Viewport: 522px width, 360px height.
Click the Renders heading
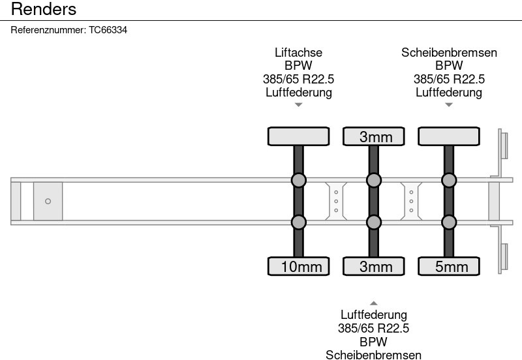pyautogui.click(x=44, y=9)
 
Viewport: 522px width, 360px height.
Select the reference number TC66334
pyautogui.click(x=108, y=30)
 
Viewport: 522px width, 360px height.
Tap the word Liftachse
pyautogui.click(x=299, y=53)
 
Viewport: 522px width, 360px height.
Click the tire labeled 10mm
pyautogui.click(x=299, y=266)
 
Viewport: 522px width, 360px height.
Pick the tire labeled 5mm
pyautogui.click(x=449, y=266)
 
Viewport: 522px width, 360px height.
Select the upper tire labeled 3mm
pyautogui.click(x=374, y=136)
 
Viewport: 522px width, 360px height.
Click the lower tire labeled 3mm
pyautogui.click(x=374, y=266)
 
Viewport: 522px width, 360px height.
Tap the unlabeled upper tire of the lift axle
pyautogui.click(x=299, y=136)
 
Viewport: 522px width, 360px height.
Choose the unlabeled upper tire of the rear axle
pyautogui.click(x=449, y=136)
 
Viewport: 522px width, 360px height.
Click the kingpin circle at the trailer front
pyautogui.click(x=48, y=202)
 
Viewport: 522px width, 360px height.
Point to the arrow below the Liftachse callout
pyautogui.click(x=299, y=105)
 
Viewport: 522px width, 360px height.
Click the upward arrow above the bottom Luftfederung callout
pyautogui.click(x=374, y=303)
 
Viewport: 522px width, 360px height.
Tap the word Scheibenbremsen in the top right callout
pyautogui.click(x=449, y=53)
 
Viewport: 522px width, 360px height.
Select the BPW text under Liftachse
pyautogui.click(x=299, y=66)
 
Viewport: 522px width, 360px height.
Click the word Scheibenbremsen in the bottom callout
pyautogui.click(x=373, y=355)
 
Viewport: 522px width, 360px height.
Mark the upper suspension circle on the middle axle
pyautogui.click(x=374, y=181)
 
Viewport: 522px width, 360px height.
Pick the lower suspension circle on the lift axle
pyautogui.click(x=299, y=222)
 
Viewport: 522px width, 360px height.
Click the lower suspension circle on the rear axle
pyautogui.click(x=449, y=222)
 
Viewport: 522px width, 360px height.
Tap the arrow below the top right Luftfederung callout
pyautogui.click(x=449, y=105)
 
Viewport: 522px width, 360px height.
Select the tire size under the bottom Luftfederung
pyautogui.click(x=373, y=329)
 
